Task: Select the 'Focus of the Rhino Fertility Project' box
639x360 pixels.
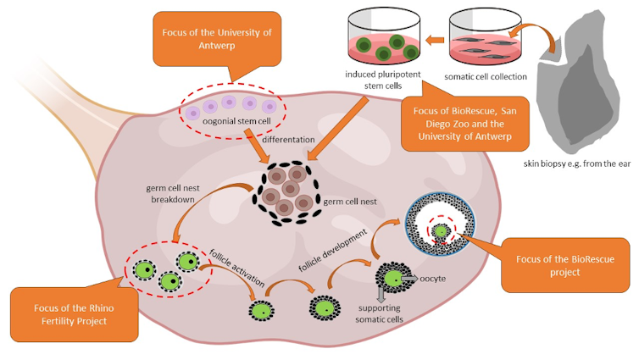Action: (75, 314)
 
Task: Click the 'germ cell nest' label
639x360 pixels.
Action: (350, 203)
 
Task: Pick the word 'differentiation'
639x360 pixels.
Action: (290, 138)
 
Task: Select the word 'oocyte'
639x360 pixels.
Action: (434, 278)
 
